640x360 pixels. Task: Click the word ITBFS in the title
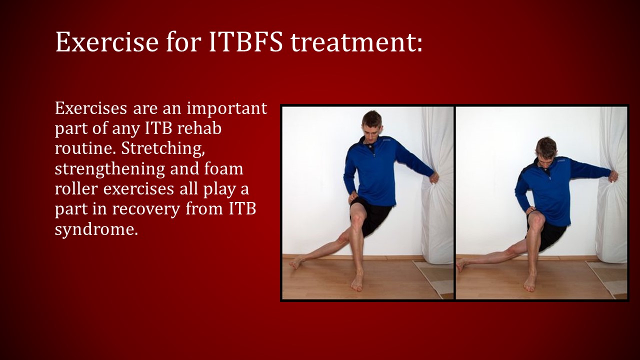pos(245,42)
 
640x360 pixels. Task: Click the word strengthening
pos(110,169)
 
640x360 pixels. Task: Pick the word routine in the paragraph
pos(81,148)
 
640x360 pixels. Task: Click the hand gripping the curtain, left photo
pos(434,177)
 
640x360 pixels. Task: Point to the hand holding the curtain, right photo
pos(613,176)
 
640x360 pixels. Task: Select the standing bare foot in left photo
pos(357,282)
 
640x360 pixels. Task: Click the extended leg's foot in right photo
pos(461,264)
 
